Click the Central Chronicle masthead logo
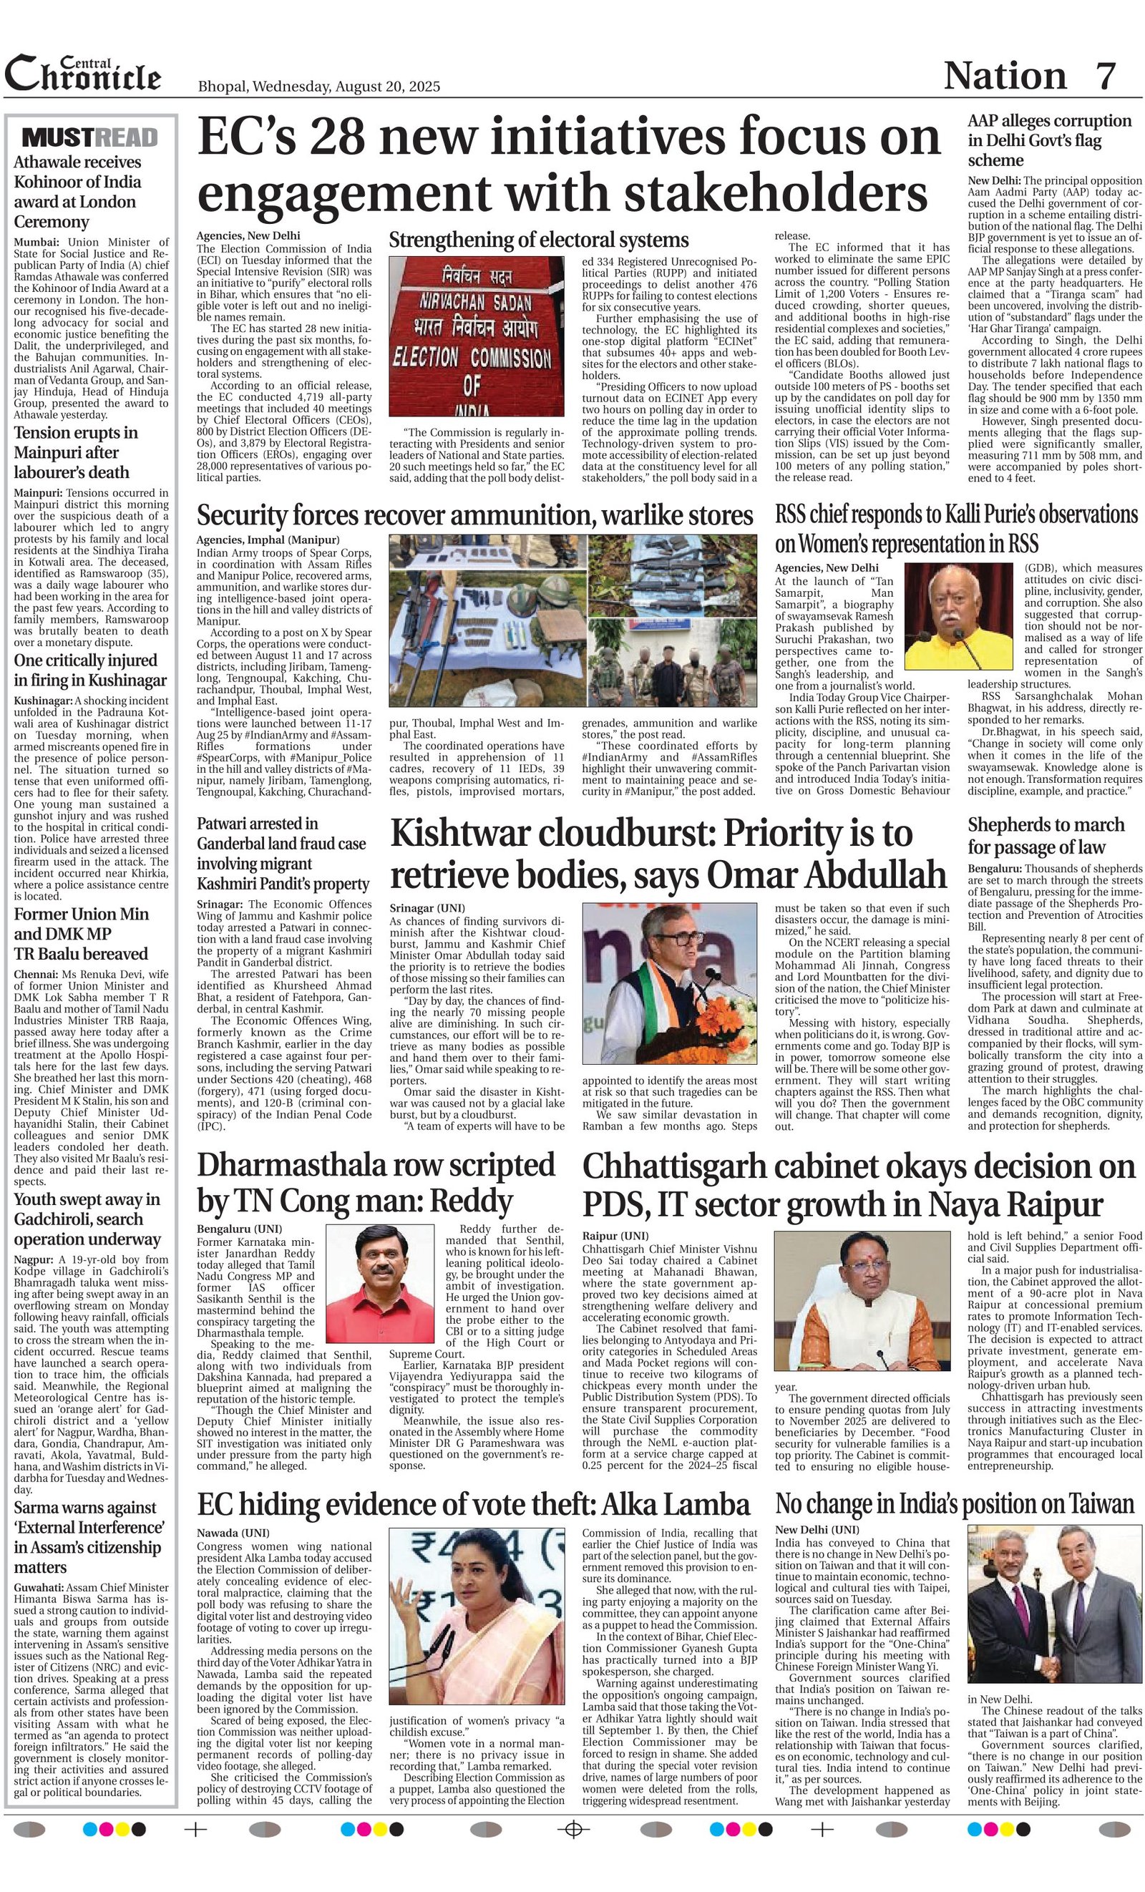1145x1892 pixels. (x=83, y=74)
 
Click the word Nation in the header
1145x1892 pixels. (x=1005, y=76)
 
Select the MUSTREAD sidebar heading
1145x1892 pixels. (x=91, y=137)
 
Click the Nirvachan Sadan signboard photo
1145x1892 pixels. (x=476, y=336)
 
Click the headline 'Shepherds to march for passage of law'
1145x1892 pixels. (x=1045, y=835)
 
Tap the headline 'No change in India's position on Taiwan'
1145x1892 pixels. (x=954, y=1503)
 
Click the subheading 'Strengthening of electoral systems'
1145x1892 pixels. (x=538, y=240)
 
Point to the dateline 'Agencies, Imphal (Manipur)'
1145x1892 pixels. (x=267, y=540)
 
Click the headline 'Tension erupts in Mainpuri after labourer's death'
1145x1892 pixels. (x=76, y=452)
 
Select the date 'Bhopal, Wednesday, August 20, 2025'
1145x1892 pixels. (x=318, y=86)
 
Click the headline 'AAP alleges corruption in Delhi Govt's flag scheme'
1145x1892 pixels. (x=1048, y=140)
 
